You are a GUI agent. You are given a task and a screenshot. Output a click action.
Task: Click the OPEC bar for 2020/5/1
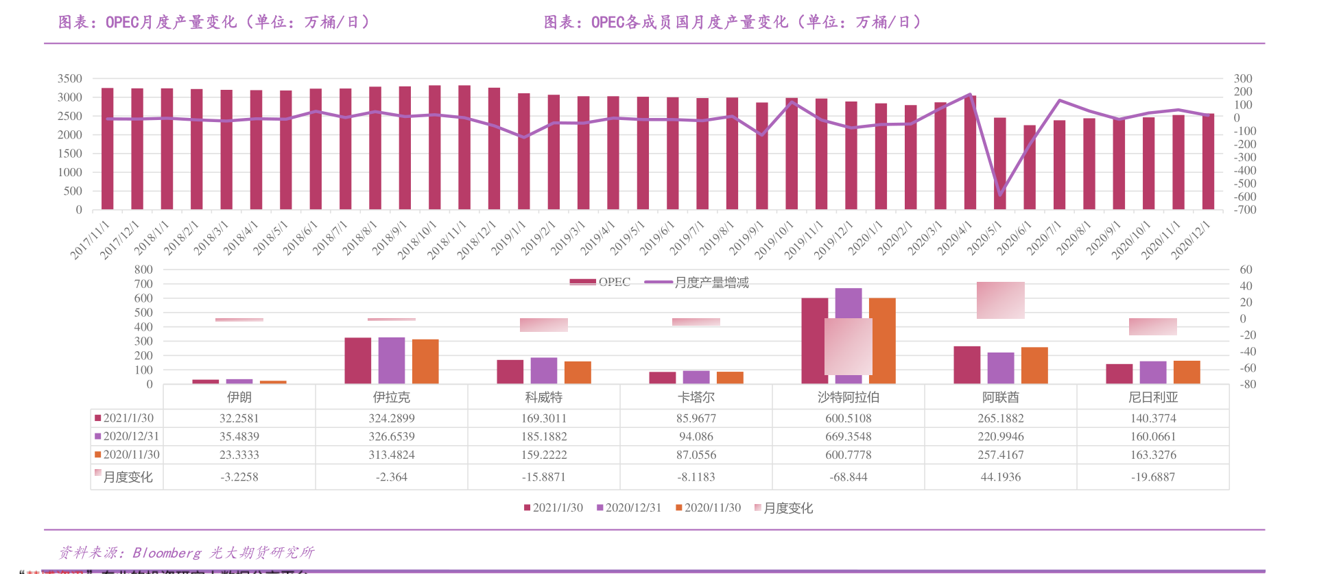[999, 165]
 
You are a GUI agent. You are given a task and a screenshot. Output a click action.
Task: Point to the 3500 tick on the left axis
[70, 79]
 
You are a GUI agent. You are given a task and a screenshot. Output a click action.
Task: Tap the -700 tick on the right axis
[1245, 210]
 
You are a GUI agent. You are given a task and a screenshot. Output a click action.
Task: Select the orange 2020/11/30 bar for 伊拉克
[425, 361]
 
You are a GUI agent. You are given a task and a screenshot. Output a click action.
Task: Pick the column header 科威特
[543, 397]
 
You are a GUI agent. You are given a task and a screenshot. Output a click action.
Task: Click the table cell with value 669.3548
[849, 436]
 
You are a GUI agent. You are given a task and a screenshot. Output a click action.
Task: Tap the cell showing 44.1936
[1000, 477]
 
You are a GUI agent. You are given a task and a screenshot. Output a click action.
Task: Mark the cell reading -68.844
[849, 477]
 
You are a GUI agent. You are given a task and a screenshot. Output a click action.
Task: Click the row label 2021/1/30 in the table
[128, 418]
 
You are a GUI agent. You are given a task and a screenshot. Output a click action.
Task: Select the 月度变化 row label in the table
[128, 477]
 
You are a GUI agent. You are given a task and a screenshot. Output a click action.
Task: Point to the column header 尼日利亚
[1152, 397]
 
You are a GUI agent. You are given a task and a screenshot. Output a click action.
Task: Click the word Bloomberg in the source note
[166, 553]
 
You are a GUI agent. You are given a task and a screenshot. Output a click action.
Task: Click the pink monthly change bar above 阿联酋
[1000, 300]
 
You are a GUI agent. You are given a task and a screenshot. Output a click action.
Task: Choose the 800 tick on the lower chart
[143, 270]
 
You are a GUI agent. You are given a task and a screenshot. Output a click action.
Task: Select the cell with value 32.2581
[239, 418]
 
